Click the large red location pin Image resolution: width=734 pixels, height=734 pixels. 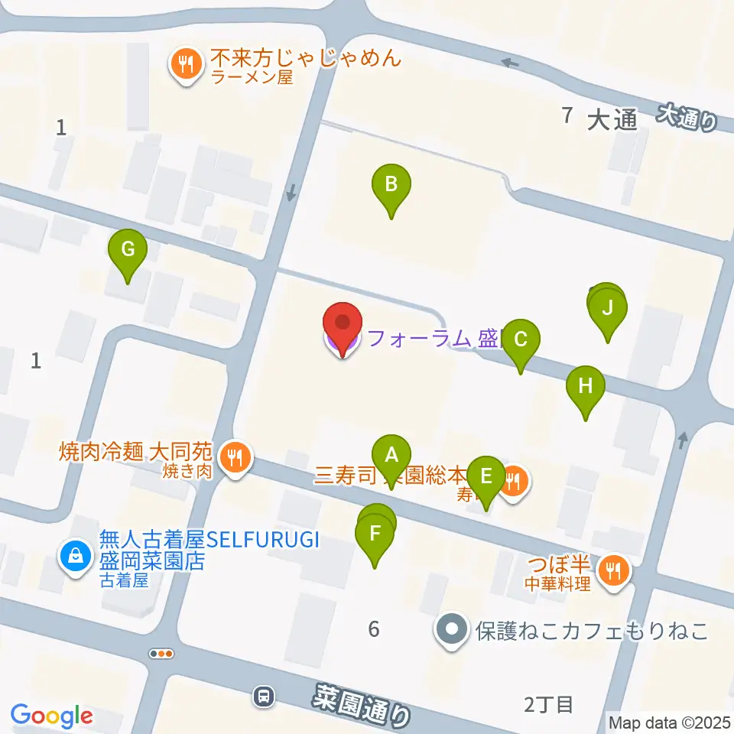pyautogui.click(x=343, y=328)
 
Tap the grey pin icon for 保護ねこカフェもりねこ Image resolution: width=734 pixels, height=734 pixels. pyautogui.click(x=452, y=631)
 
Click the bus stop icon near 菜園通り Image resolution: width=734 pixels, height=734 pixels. pyautogui.click(x=264, y=697)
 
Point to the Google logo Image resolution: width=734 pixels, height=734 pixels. pyautogui.click(x=51, y=716)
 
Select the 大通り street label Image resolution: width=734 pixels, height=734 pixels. pyautogui.click(x=689, y=116)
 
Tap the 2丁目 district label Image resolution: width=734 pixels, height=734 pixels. pyautogui.click(x=548, y=704)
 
